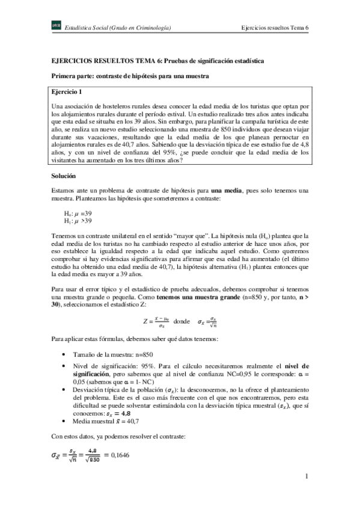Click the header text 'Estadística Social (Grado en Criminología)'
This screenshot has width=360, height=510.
click(119, 28)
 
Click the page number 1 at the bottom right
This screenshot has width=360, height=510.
click(306, 477)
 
